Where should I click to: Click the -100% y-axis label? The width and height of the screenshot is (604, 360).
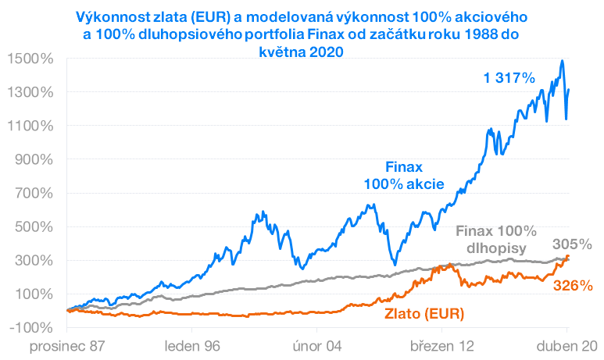click(x=31, y=327)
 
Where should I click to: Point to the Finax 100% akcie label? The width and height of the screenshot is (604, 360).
click(x=404, y=176)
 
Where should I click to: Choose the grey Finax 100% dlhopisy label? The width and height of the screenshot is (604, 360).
click(x=495, y=240)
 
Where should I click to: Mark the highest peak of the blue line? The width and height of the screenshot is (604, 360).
click(x=561, y=61)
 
